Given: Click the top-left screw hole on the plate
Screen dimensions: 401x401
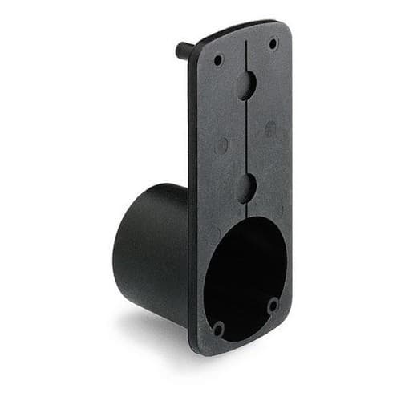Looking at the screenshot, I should [218, 59].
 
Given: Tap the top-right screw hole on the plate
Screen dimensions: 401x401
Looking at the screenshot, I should [273, 43].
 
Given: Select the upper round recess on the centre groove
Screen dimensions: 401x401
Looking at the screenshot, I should [246, 85].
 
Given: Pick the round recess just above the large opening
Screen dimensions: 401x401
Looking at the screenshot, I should [246, 188].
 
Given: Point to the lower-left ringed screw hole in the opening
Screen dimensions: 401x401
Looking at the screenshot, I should [218, 327].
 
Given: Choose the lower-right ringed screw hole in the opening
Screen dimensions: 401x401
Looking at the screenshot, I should [273, 305].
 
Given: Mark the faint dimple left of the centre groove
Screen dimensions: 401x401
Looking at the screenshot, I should [222, 145].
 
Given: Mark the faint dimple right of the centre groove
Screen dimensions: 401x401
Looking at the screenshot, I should [271, 128].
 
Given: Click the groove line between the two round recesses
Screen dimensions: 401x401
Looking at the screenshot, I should [246, 136].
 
